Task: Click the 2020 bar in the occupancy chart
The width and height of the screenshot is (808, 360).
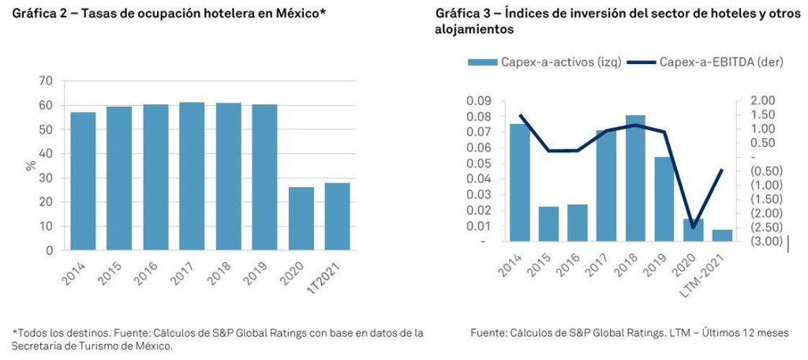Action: click(301, 219)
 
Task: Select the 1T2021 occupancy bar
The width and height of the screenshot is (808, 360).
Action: click(337, 216)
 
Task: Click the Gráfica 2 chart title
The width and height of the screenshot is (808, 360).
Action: click(157, 14)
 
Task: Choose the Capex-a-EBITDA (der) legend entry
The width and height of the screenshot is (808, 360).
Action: click(709, 62)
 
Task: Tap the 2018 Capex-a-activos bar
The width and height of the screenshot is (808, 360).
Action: click(636, 178)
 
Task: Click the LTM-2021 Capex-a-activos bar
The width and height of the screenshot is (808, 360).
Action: click(722, 235)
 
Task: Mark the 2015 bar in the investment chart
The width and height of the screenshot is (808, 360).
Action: click(548, 223)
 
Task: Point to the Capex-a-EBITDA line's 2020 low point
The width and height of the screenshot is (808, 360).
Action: click(694, 228)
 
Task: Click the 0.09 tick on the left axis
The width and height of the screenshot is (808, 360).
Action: click(479, 101)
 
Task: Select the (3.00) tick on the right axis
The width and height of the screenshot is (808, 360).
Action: click(765, 241)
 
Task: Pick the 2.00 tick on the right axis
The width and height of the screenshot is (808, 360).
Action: click(765, 100)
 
